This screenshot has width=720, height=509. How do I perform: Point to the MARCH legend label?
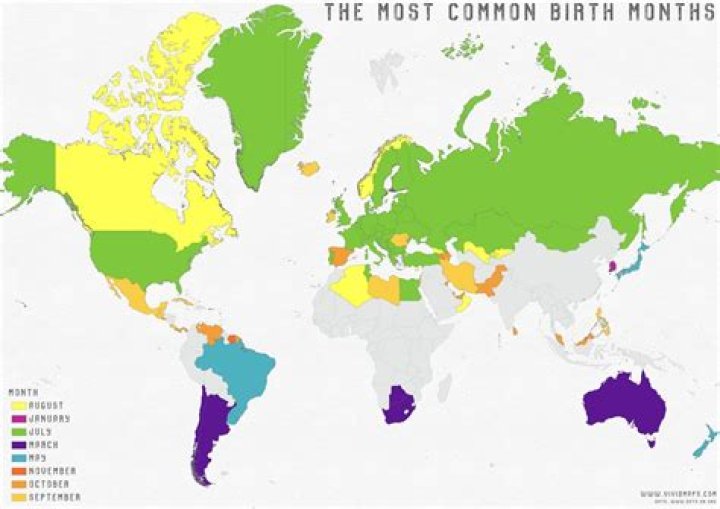[47, 445]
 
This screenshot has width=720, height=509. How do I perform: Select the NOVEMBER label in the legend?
[54, 470]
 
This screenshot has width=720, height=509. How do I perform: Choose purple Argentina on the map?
[211, 430]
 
